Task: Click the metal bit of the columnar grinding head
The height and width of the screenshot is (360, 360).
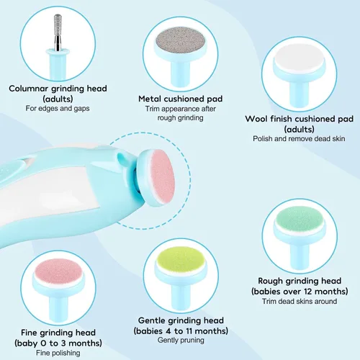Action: coord(58,32)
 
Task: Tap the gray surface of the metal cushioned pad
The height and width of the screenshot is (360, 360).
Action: coord(181,40)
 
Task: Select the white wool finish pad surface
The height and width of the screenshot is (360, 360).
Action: coord(299,57)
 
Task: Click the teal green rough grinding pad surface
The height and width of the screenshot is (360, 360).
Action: coord(300,218)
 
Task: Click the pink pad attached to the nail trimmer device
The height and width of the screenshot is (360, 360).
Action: coord(163,177)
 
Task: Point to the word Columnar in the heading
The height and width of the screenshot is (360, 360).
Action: coord(29,89)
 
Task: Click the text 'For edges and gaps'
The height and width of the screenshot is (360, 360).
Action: coord(58,108)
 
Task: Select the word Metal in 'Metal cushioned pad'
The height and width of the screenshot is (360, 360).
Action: coord(150,99)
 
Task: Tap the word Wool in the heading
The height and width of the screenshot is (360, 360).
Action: coord(256,119)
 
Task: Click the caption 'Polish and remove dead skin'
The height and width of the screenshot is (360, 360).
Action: coord(299,138)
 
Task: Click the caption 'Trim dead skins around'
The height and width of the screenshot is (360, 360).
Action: coord(300,301)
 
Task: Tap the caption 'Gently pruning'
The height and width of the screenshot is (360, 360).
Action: coord(181,340)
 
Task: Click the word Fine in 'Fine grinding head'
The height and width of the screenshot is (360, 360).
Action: coord(29,333)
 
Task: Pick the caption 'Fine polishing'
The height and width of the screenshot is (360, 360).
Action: coord(58,353)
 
